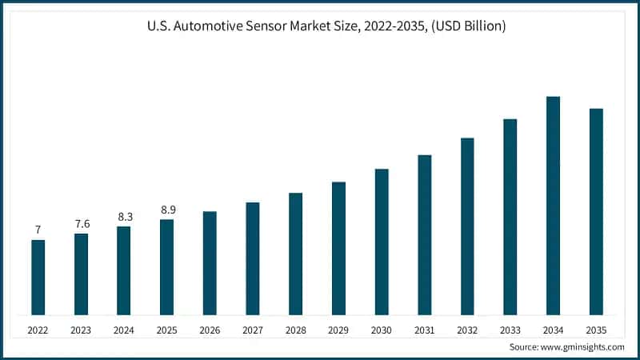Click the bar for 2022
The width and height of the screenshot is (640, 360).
tap(38, 277)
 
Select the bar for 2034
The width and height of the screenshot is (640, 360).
tap(553, 206)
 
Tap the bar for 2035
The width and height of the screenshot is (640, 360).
tap(596, 211)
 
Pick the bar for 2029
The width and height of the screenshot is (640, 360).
tap(338, 248)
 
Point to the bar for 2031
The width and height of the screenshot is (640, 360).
tap(424, 234)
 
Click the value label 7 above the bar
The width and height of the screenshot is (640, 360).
tap(38, 230)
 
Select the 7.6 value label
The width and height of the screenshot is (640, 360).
tap(81, 224)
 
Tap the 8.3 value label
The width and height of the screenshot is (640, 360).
tap(124, 217)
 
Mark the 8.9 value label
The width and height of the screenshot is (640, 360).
tap(166, 210)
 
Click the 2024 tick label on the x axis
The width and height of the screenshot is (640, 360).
tap(124, 330)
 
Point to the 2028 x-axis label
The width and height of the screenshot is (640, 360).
tap(295, 330)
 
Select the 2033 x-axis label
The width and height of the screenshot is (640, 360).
tap(510, 330)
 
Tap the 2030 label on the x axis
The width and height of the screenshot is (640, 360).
tap(382, 330)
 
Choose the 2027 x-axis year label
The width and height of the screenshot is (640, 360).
tap(253, 330)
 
